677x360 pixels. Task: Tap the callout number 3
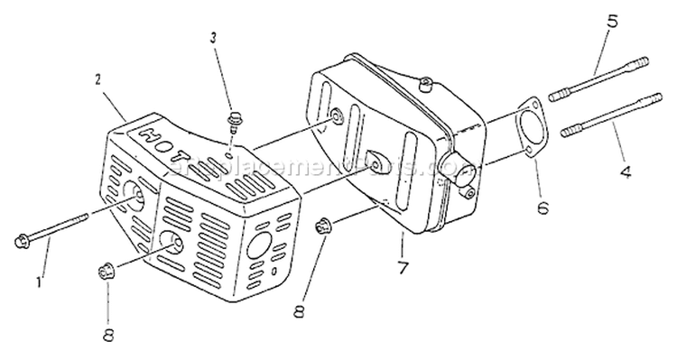213,37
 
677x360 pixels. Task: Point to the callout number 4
623,169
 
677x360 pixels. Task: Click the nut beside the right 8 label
322,226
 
